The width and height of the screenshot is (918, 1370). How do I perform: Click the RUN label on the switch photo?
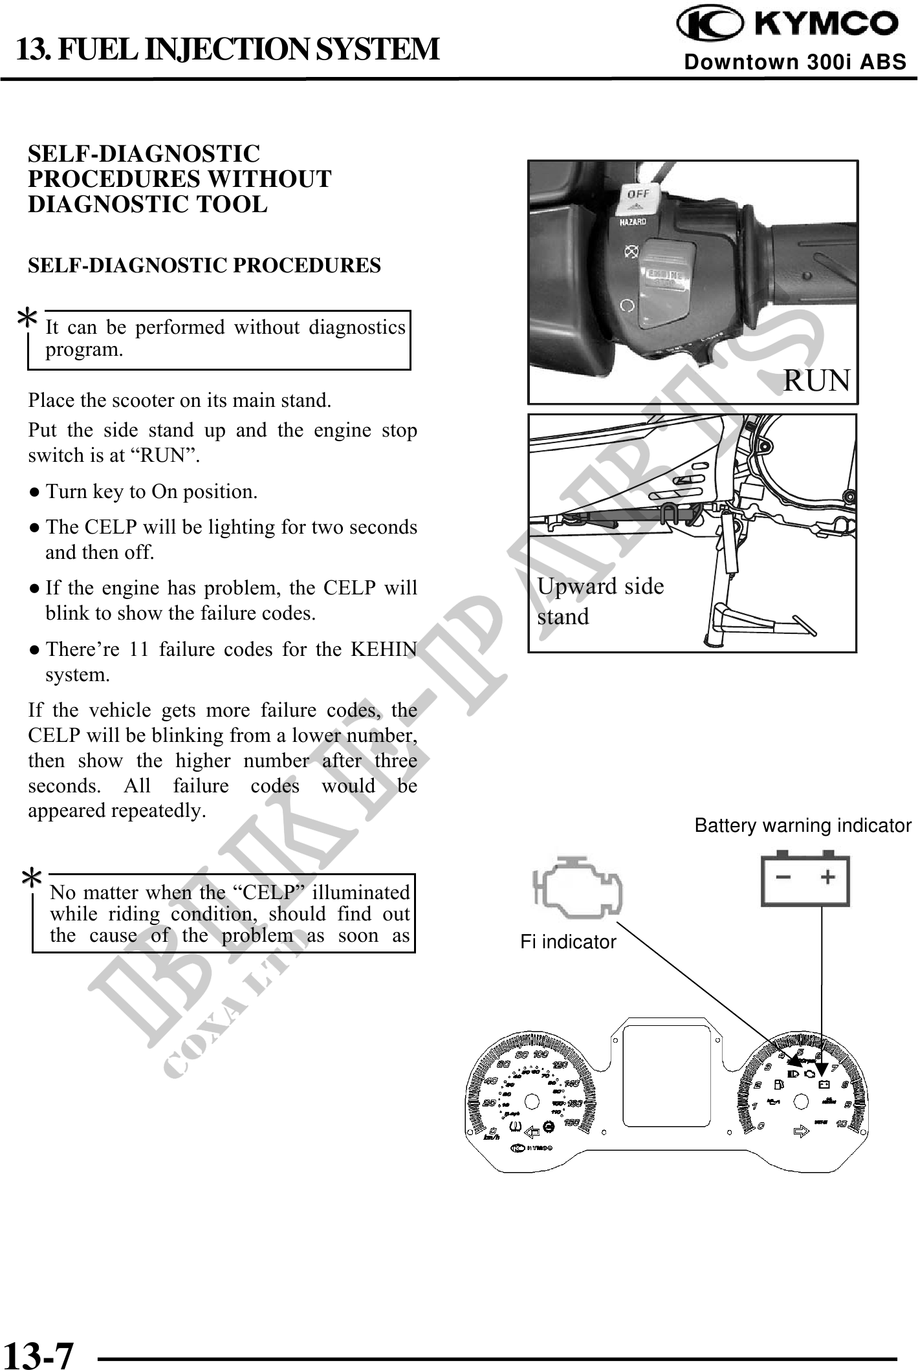click(x=816, y=380)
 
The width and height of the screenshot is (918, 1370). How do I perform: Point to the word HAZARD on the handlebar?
click(x=633, y=222)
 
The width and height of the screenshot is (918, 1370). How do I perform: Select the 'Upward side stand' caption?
click(x=600, y=601)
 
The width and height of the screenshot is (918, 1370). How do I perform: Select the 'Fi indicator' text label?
click(x=568, y=942)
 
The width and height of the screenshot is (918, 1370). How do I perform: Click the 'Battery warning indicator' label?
click(x=802, y=826)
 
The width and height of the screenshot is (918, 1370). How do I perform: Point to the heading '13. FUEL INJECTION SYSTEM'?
click(x=227, y=49)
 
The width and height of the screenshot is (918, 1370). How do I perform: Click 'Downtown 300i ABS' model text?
click(x=795, y=62)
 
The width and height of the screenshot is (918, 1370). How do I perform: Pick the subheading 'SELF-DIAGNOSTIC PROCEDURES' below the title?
click(x=204, y=265)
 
